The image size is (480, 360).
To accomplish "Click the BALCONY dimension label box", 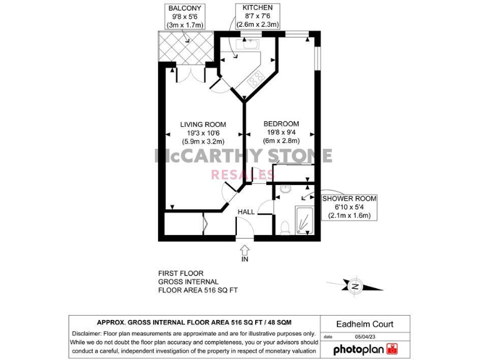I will point(185,16).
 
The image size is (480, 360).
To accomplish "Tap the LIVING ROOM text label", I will point(203,132).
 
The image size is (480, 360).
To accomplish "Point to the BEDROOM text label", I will point(281,132).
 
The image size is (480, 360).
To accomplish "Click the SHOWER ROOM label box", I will point(349,207).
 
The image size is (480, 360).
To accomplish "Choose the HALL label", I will point(246,212).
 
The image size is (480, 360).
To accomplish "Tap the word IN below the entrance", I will point(245,259).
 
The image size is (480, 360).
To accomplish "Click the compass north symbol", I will point(355,287).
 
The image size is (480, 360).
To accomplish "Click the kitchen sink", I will point(249,45).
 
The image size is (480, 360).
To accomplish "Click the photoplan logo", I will point(365,349).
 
